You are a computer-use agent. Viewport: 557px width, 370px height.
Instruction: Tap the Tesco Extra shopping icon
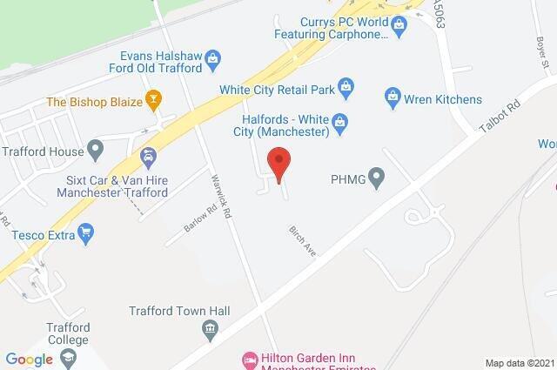point(85,232)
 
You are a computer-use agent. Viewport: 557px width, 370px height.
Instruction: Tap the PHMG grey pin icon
point(377,180)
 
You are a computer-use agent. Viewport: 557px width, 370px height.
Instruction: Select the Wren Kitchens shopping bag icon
point(393,94)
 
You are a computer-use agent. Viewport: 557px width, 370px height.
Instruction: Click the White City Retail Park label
point(278,87)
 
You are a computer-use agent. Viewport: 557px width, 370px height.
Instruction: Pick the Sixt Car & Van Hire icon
point(148,157)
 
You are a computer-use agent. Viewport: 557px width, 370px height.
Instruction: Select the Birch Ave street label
point(302,241)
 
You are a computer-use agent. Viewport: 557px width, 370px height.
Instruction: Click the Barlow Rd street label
point(200,219)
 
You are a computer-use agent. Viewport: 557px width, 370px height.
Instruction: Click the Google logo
point(30,359)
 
